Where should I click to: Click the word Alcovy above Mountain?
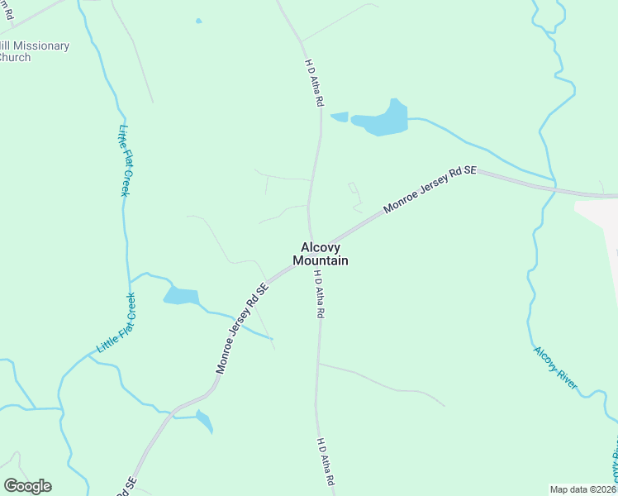(320, 246)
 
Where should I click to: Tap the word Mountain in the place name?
(320, 260)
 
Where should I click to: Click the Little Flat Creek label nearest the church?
(124, 160)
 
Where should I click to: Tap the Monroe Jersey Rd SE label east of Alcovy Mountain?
(430, 191)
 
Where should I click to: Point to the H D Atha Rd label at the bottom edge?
(326, 461)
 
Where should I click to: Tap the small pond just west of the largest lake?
(340, 117)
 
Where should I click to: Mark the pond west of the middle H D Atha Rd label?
(182, 296)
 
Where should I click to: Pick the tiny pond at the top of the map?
(198, 21)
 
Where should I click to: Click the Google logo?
(27, 486)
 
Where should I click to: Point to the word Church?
(14, 57)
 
